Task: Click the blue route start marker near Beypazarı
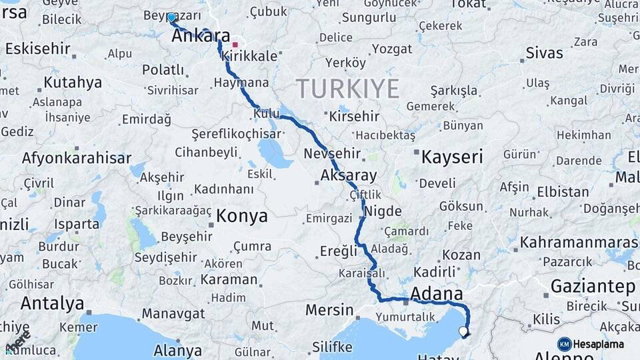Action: coord(171,17)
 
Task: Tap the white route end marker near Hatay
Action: coord(463,331)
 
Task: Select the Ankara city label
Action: coord(201,36)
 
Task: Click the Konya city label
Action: coord(242,216)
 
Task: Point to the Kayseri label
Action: coord(452,157)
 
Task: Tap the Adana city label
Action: coord(437,294)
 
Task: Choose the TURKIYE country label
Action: coord(348,89)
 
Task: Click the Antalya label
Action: coord(52,303)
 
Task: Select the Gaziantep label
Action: coord(593,287)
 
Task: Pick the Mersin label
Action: coord(329,310)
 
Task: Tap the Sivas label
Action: coord(544,53)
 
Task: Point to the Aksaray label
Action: coord(348,176)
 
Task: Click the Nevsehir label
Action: coord(332,154)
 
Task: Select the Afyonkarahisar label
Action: coord(76,159)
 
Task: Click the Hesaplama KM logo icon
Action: coord(564,344)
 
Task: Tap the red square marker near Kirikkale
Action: coord(235,45)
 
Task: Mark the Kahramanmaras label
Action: coord(579,243)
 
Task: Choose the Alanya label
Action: coord(177,350)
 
